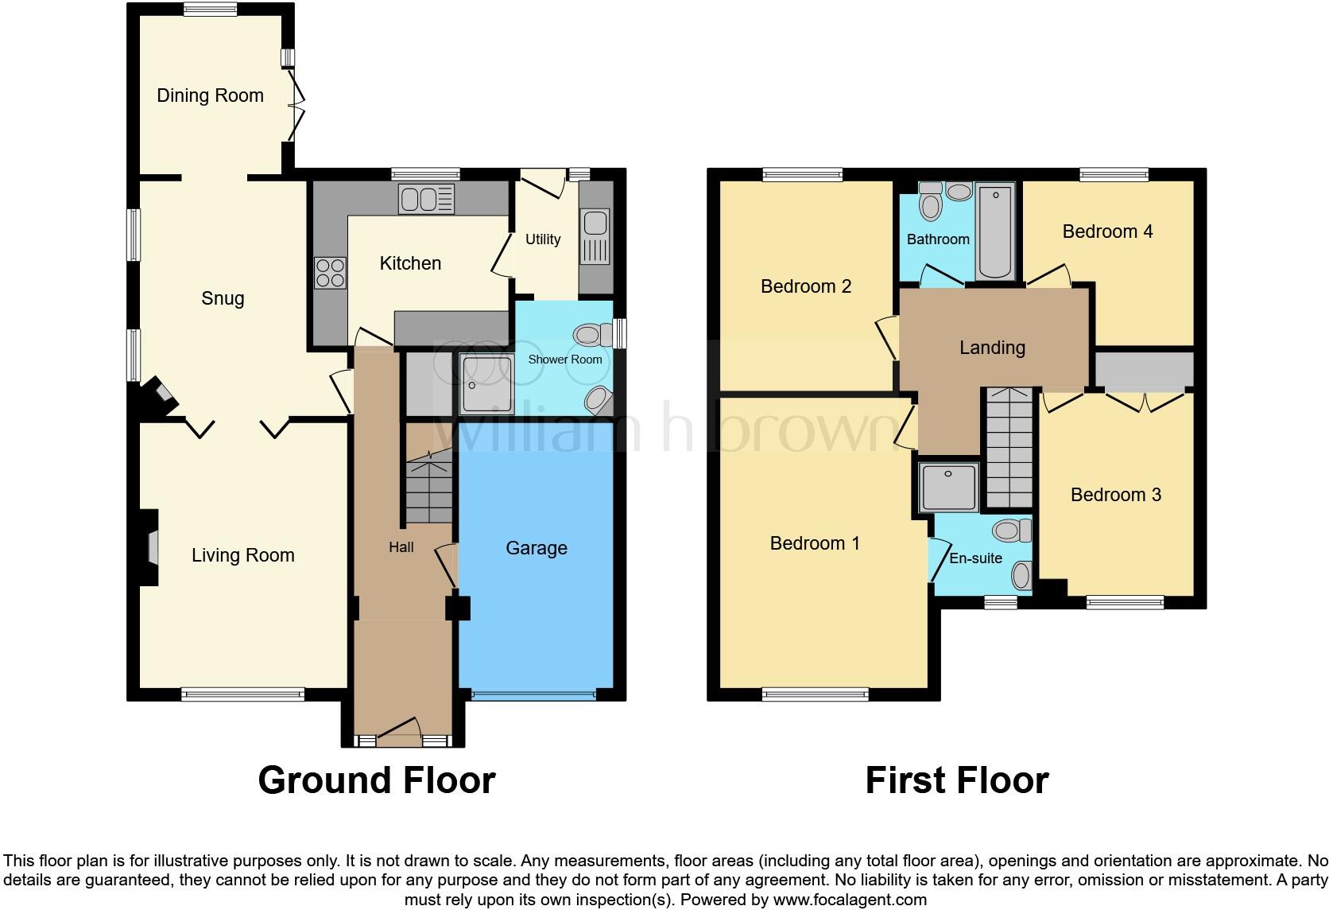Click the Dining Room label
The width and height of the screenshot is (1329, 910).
(210, 95)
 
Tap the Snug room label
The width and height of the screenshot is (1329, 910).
(223, 298)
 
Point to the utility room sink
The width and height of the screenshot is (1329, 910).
(595, 236)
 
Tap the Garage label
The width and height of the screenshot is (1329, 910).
(537, 548)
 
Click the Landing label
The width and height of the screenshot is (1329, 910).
(992, 348)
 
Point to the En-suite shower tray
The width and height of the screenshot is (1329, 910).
(949, 486)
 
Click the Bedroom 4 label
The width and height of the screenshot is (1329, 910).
(1107, 231)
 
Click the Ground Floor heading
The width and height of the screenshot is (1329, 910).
(377, 780)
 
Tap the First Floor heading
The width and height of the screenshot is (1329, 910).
(956, 780)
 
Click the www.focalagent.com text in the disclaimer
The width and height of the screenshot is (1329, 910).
(850, 900)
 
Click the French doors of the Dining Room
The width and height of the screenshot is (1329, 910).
(297, 105)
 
